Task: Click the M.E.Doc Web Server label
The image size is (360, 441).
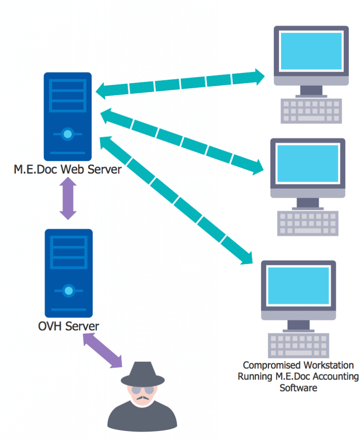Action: (68, 169)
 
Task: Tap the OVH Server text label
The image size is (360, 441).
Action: (68, 326)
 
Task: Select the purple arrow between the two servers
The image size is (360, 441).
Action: (68, 199)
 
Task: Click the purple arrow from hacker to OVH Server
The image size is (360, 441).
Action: (102, 351)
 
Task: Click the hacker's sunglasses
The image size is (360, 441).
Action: (143, 390)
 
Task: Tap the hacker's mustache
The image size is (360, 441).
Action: (142, 399)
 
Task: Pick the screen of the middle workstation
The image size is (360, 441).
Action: (308, 164)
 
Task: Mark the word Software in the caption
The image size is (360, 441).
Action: (298, 388)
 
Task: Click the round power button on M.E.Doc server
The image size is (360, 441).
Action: (67, 134)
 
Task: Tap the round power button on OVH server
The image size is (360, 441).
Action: (68, 291)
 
